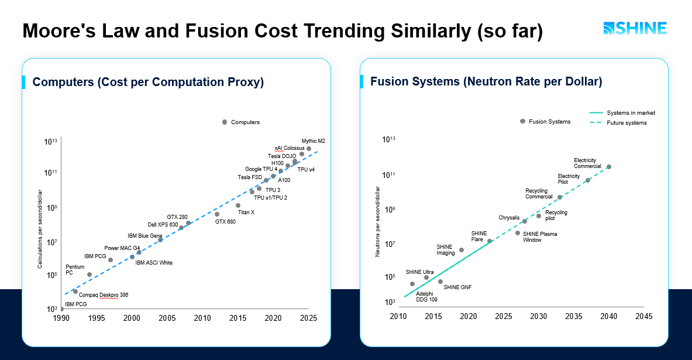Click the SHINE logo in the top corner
pyautogui.click(x=635, y=29)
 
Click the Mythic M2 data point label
pyautogui.click(x=313, y=141)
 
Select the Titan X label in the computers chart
pyautogui.click(x=246, y=212)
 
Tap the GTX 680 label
pyautogui.click(x=225, y=222)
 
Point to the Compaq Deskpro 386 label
pyautogui.click(x=103, y=295)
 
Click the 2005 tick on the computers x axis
pyautogui.click(x=167, y=318)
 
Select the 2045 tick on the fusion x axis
pyautogui.click(x=643, y=316)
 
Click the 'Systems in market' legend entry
pyautogui.click(x=622, y=113)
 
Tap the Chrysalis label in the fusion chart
pyautogui.click(x=509, y=218)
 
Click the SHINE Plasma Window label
pyautogui.click(x=539, y=236)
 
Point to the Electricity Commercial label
pyautogui.click(x=587, y=163)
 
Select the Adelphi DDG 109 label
pyautogui.click(x=426, y=296)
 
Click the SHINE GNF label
pyautogui.click(x=457, y=287)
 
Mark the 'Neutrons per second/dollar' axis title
pyautogui.click(x=378, y=221)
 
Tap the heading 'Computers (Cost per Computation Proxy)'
pyautogui.click(x=148, y=82)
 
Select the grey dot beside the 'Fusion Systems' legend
pyautogui.click(x=522, y=121)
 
